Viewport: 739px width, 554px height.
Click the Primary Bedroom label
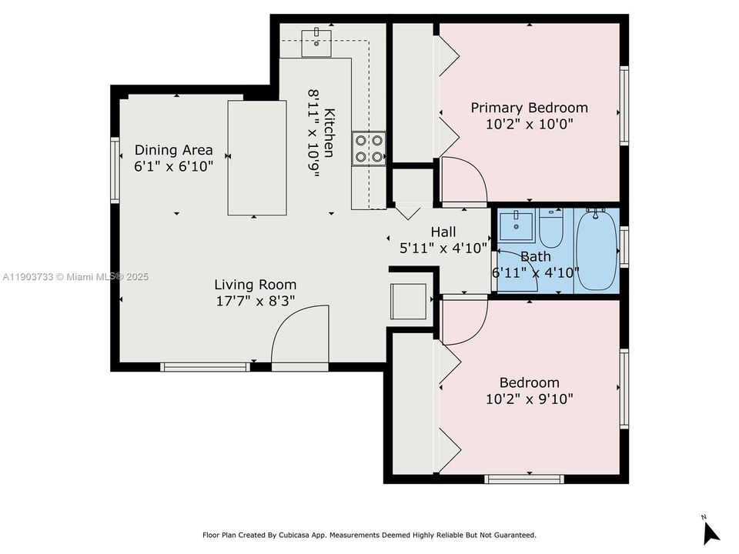pos(529,108)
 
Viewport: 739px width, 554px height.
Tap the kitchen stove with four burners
pos(369,149)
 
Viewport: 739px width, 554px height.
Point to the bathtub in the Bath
pos(597,250)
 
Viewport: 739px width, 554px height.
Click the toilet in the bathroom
pos(551,226)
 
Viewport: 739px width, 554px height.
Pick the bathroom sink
pos(515,226)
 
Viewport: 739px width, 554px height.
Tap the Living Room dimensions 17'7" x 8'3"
pos(255,301)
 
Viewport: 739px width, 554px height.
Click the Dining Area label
pos(173,150)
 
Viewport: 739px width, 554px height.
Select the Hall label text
pos(443,232)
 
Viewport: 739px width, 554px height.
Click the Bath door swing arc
pos(517,270)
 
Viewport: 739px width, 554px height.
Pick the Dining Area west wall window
pos(115,169)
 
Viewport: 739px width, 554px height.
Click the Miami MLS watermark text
pos(75,277)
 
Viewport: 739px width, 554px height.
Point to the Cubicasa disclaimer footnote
pos(369,535)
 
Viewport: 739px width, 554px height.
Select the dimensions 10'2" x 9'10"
pos(529,399)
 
